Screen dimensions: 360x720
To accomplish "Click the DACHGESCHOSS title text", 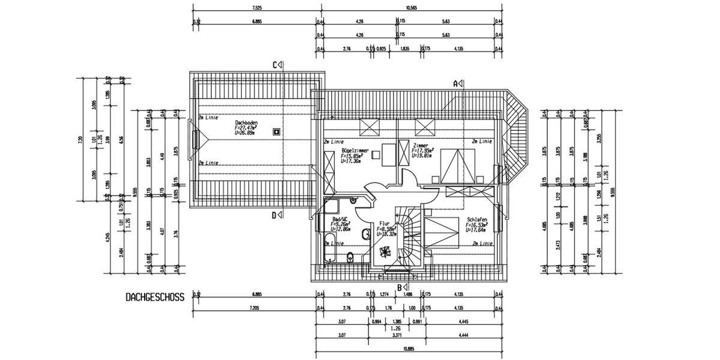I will tap(155, 297).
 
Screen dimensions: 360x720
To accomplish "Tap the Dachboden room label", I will tap(247, 122).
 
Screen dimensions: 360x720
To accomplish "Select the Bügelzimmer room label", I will tap(355, 151).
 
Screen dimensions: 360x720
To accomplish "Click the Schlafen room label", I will tap(476, 220).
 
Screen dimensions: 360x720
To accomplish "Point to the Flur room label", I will tap(384, 223).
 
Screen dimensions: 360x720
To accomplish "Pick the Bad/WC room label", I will tap(341, 220).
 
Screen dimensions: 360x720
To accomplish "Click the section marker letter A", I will tap(455, 84).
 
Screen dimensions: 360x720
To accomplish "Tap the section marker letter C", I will tap(276, 65).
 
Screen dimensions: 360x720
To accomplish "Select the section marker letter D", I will tap(274, 215).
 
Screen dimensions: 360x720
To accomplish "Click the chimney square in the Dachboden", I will tap(276, 131).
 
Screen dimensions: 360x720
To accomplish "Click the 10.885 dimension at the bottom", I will tap(409, 349).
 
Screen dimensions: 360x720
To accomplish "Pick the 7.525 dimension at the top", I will tap(257, 8).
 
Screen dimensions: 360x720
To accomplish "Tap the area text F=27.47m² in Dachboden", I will tap(246, 128).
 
